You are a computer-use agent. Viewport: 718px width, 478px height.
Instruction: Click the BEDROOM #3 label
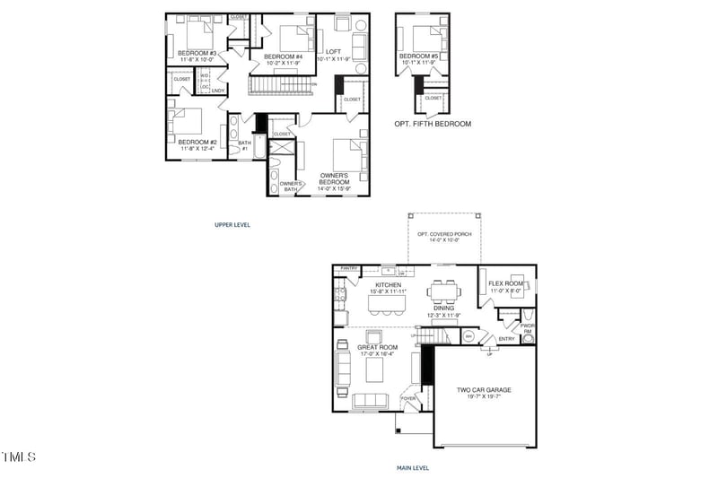[197, 53]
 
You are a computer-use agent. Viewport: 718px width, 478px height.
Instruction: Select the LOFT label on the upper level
[333, 51]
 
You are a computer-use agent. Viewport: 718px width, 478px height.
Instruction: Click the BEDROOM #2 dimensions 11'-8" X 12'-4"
[197, 149]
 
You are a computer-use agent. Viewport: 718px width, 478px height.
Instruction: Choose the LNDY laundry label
[217, 91]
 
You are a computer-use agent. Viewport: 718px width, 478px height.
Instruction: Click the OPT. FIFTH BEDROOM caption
[432, 124]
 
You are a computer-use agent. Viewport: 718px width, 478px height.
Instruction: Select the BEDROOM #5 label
[419, 56]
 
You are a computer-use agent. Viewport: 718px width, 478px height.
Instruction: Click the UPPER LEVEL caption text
[232, 223]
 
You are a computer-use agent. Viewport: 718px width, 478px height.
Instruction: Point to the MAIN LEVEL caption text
[412, 467]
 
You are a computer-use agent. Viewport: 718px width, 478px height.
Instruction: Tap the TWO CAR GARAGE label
[484, 389]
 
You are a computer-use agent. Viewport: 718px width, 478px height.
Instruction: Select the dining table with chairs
[444, 292]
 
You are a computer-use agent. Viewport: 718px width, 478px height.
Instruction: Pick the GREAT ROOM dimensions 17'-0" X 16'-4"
[378, 354]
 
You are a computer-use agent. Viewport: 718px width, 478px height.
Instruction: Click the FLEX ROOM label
[505, 284]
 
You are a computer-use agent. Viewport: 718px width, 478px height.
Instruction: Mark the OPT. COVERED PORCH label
[437, 236]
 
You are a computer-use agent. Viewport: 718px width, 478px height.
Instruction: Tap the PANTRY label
[349, 268]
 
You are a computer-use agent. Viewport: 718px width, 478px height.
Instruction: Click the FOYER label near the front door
[408, 398]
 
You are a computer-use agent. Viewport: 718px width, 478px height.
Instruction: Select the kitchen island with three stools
[386, 305]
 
